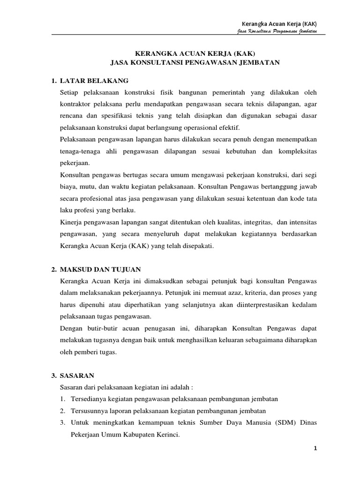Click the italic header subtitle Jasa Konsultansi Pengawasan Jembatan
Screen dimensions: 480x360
pyautogui.click(x=277, y=31)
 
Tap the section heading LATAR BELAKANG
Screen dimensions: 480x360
pyautogui.click(x=94, y=81)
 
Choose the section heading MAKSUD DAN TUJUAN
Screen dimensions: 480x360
pyautogui.click(x=101, y=270)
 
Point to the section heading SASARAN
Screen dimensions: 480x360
pyautogui.click(x=77, y=375)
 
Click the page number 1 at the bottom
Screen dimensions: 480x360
pyautogui.click(x=316, y=449)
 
